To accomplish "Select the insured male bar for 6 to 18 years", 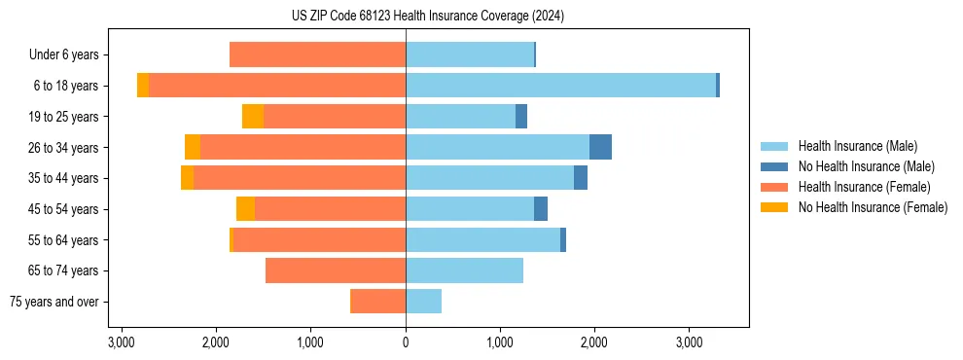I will click(x=560, y=86).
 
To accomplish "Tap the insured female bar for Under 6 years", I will click(x=317, y=54).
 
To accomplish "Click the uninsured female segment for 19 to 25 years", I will click(x=253, y=117).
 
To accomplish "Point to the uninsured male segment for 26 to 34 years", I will click(x=600, y=147).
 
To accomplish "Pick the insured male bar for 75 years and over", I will click(x=423, y=302).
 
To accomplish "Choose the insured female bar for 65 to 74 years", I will click(x=336, y=270).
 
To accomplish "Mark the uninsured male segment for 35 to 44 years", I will click(x=581, y=178).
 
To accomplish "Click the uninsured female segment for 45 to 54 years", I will click(x=245, y=209).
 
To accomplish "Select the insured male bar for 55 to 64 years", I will click(x=482, y=239).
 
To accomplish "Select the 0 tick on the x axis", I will click(x=406, y=343).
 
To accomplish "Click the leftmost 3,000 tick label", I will click(x=121, y=343).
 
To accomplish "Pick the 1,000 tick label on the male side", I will click(x=500, y=343).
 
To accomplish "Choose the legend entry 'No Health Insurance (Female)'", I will click(x=873, y=207).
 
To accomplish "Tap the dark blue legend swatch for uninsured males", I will click(x=774, y=166).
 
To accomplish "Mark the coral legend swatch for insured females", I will click(x=774, y=187).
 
